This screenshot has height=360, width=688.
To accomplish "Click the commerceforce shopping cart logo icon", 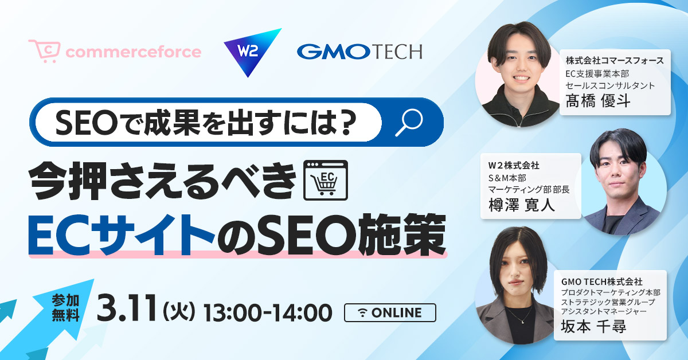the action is pos(44,51).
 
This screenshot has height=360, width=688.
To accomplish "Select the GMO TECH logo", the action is pos(359,52).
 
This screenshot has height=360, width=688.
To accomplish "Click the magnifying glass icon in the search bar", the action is pos(409,122).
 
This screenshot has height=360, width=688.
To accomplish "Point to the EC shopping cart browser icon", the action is pos(326,181).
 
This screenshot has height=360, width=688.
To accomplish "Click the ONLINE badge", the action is pos(390,312).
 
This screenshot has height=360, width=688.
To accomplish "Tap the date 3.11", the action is pos(127,308).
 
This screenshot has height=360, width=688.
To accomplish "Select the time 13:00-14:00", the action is pos(268,312).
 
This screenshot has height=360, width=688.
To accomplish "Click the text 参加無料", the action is pos(66,308).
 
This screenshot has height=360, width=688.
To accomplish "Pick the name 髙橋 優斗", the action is pos(598,101).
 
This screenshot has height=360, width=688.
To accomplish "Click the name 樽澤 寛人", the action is pos(522,205).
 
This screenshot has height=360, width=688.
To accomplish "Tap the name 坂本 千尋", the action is pos(593,327).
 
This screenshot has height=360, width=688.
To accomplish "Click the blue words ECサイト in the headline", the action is pos(122,235).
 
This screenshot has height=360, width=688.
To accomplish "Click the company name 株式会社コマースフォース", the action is pos(615,61).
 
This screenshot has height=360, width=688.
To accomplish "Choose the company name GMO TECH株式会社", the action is pos(601,281).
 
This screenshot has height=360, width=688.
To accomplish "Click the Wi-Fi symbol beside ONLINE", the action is pos(363,312).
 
